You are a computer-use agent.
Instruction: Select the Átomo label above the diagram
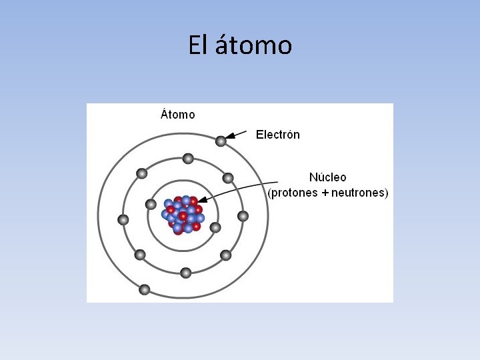click(x=178, y=114)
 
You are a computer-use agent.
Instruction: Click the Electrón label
click(x=278, y=135)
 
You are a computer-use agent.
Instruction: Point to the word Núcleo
click(x=327, y=177)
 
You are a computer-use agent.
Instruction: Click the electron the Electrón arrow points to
click(x=221, y=141)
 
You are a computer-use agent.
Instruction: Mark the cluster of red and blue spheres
click(x=182, y=214)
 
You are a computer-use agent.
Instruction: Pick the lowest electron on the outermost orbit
click(x=145, y=290)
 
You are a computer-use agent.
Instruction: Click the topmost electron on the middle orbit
click(x=188, y=159)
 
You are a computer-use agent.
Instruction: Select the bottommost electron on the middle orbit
click(x=186, y=273)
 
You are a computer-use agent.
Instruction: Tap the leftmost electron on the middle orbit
click(x=123, y=219)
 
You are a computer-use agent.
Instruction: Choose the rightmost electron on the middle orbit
click(x=243, y=216)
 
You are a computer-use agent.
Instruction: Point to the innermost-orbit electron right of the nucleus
click(x=215, y=227)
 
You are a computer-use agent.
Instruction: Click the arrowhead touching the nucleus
click(x=201, y=199)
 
